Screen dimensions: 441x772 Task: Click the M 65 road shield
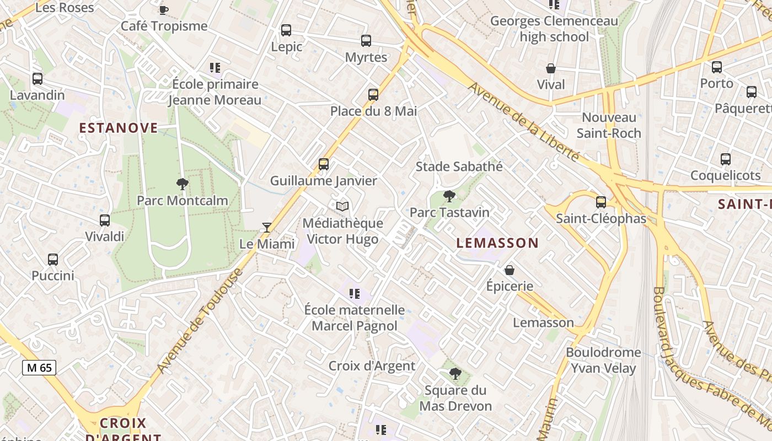pos(39,367)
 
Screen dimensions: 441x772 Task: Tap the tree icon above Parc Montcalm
pos(183,184)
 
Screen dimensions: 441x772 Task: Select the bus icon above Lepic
pos(286,30)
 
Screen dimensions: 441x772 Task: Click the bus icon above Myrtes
pos(366,41)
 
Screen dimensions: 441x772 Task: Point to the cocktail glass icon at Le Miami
pos(267,227)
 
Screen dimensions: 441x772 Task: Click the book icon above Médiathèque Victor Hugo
pos(342,207)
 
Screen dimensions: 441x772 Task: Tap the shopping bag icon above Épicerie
pos(510,270)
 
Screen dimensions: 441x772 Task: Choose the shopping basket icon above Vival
pos(550,68)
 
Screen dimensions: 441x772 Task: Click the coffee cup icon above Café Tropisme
pos(163,9)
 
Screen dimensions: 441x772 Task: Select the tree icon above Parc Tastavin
pos(449,196)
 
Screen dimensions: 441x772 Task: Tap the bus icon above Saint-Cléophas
pos(601,202)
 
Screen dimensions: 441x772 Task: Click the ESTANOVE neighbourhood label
pos(119,128)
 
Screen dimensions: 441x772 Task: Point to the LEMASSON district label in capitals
pos(497,243)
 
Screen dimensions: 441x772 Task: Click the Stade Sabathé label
pos(459,166)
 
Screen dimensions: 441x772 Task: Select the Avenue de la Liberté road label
pos(524,122)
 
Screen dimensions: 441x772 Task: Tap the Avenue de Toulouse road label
pos(200,321)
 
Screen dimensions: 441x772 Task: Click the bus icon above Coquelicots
pos(726,159)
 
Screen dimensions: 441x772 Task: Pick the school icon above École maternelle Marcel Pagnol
pos(354,294)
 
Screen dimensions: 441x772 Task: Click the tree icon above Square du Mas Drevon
pos(455,374)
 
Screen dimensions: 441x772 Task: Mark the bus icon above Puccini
pos(53,260)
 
